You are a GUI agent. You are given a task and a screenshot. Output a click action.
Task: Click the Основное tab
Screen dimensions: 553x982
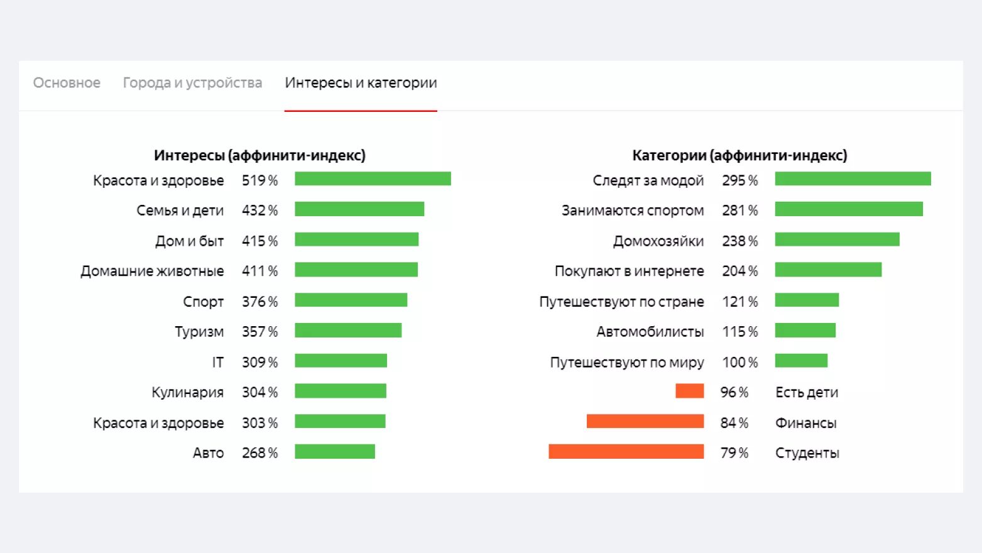(x=67, y=83)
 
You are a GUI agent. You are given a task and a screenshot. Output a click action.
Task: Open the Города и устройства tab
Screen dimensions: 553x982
(x=192, y=83)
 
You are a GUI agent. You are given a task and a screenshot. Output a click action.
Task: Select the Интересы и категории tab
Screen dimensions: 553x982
(x=361, y=83)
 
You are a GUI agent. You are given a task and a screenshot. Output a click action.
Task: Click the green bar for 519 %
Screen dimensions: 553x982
(x=373, y=179)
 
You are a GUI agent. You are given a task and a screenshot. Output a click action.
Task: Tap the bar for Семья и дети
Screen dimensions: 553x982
(x=359, y=209)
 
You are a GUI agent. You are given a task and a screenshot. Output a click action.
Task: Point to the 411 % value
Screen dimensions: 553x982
(x=259, y=271)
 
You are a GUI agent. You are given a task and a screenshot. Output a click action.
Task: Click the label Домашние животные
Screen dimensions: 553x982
(x=152, y=271)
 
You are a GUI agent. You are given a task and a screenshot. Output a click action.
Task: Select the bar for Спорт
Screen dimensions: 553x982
(x=351, y=300)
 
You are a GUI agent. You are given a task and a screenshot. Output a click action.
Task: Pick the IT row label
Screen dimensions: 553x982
(x=217, y=362)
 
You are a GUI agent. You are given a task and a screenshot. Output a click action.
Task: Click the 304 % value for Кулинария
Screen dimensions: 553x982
(x=259, y=392)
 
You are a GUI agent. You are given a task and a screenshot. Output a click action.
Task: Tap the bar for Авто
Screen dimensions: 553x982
(x=335, y=452)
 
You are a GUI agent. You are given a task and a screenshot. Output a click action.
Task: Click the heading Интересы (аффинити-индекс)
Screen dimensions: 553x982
(x=259, y=155)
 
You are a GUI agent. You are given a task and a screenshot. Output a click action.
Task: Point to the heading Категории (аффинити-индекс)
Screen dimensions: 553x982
(x=739, y=155)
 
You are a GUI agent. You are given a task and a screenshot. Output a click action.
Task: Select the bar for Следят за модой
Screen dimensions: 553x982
(x=853, y=179)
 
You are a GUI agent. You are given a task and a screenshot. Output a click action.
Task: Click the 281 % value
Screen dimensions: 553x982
(x=739, y=211)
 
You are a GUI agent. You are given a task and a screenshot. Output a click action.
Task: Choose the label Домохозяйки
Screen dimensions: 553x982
(x=658, y=241)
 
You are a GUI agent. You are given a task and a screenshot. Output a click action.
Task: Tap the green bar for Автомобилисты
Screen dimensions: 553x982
(x=805, y=331)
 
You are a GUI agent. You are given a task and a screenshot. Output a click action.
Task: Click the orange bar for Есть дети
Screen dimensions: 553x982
(x=689, y=391)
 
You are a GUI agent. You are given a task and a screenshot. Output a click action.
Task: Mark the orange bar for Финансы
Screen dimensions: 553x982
(x=645, y=421)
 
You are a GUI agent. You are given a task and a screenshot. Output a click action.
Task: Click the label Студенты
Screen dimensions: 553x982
(x=807, y=452)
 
